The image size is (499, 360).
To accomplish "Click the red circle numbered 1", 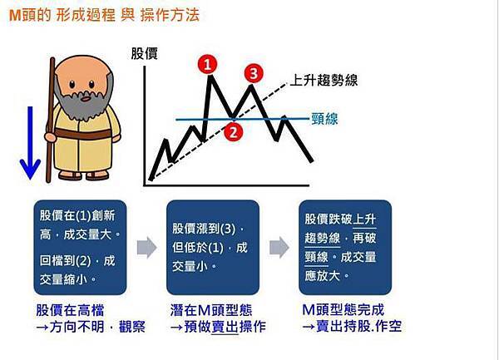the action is coord(207,65).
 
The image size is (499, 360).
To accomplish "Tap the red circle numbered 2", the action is coord(233,131).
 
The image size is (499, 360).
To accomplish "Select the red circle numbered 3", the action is coord(254,73).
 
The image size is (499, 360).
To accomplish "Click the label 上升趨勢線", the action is coord(324,80).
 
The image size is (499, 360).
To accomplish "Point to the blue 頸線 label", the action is coord(324,119).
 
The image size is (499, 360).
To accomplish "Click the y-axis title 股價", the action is coord(144,54).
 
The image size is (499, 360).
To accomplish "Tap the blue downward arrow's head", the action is coord(30,169).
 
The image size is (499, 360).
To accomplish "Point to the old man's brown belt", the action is coord(82,134).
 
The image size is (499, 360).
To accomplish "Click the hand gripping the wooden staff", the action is coord(50,137).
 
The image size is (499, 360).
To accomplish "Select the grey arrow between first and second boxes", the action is coord(146,248).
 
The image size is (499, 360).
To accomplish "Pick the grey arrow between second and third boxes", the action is coord(279,248).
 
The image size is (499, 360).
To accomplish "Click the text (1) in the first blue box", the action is coord(84,215).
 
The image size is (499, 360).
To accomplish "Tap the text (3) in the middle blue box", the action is coord(228,229).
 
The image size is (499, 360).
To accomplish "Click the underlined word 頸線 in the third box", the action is coord(316,257).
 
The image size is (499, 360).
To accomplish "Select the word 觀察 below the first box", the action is coord(131,327).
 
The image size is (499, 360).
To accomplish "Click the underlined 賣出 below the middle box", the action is coord(225,327).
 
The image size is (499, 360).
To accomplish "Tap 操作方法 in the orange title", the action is coord(170,15).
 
